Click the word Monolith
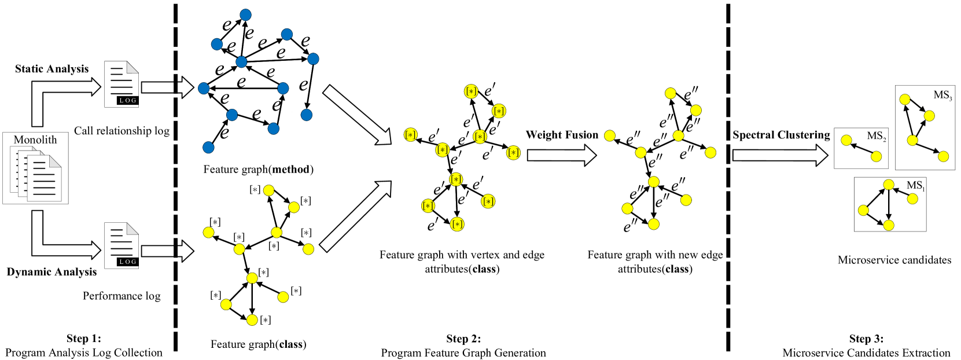click(35, 140)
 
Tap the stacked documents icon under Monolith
click(36, 174)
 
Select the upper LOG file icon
click(121, 85)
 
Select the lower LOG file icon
click(121, 246)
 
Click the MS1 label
click(915, 186)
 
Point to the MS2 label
click(876, 136)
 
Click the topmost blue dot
click(245, 15)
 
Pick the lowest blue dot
click(208, 148)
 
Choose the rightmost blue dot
click(313, 59)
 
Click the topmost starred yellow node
click(471, 91)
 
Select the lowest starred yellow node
click(457, 224)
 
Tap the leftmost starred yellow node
click(410, 135)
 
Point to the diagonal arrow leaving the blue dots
click(356, 115)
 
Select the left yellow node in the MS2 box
click(846, 140)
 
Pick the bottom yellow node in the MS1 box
click(889, 225)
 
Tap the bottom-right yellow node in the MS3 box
click(943, 156)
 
